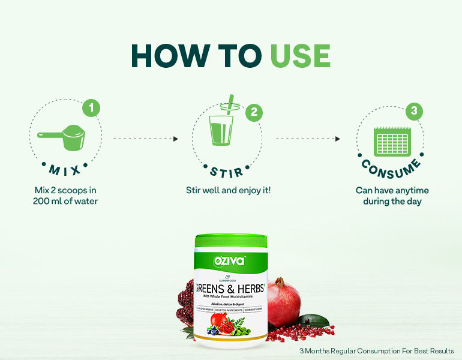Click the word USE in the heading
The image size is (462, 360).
(x=300, y=55)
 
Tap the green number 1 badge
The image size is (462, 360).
(x=91, y=109)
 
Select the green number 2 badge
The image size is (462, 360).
(x=254, y=112)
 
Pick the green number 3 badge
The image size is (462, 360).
(x=413, y=111)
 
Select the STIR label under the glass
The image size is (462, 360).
(x=227, y=172)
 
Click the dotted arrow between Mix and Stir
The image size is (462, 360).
(x=146, y=139)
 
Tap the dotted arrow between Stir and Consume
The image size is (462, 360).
(x=308, y=139)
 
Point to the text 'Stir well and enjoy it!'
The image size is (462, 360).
(x=227, y=190)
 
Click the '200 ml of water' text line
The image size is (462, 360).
(x=65, y=201)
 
